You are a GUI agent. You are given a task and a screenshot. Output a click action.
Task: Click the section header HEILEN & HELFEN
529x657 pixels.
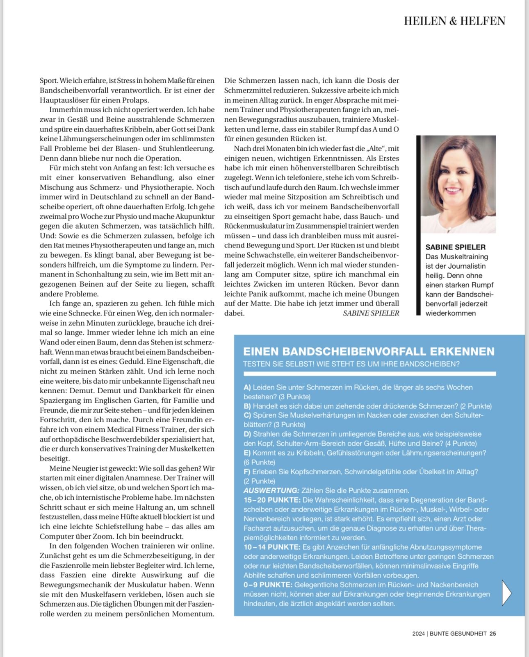(x=454, y=21)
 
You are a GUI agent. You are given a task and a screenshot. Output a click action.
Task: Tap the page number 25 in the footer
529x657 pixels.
(x=493, y=633)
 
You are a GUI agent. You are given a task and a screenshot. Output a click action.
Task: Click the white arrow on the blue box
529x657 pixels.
(x=506, y=592)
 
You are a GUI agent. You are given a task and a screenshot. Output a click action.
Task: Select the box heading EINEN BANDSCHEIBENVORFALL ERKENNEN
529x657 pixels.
(x=369, y=351)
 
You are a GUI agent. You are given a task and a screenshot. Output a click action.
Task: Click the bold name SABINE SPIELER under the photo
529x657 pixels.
(x=455, y=247)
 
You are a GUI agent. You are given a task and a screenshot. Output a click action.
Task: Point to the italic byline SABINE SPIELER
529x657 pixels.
(x=371, y=313)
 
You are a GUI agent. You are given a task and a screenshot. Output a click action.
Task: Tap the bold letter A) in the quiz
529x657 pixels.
(x=247, y=387)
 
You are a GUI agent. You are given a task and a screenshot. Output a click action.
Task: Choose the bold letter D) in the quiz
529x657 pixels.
(x=247, y=434)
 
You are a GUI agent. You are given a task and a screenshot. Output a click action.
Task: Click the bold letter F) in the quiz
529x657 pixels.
(x=247, y=471)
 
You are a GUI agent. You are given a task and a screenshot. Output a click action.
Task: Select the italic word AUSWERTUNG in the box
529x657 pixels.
(x=271, y=490)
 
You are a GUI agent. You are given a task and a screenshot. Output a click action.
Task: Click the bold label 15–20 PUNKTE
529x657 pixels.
(x=272, y=500)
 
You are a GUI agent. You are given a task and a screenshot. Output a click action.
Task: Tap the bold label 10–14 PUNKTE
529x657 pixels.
(x=272, y=547)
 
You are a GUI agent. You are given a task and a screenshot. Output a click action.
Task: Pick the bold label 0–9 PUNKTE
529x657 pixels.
(x=268, y=585)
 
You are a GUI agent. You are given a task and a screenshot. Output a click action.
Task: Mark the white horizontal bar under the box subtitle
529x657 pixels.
(x=369, y=374)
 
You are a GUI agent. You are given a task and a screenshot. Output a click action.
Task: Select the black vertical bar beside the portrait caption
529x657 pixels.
(x=419, y=225)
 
